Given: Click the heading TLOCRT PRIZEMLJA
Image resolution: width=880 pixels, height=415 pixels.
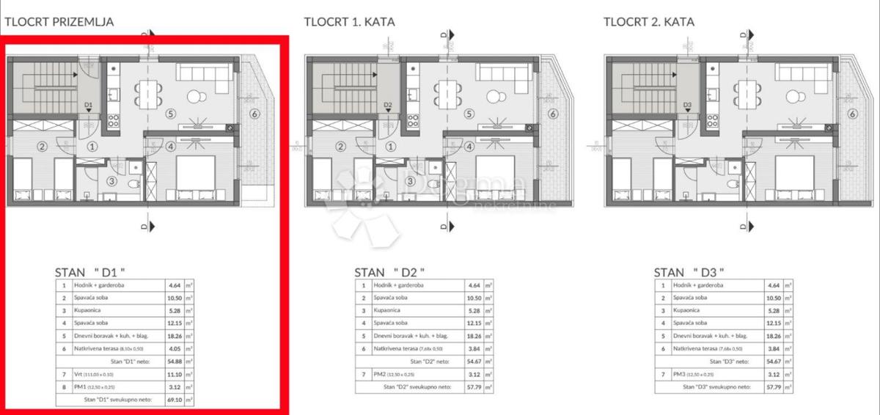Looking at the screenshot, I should pos(59,21).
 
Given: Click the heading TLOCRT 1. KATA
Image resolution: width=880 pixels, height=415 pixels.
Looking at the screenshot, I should pos(348,21).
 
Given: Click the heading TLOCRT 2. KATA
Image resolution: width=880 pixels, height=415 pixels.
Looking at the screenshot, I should pos(648,21).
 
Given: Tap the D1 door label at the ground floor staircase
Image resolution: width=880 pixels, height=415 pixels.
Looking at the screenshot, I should pos(88,106).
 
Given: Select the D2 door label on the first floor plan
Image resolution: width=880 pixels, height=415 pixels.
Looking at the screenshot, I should pos(389,106).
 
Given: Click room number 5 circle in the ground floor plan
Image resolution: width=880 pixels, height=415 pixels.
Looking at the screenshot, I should pos(170,114).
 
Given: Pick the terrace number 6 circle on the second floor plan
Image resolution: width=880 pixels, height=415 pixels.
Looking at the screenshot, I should pos(852,113).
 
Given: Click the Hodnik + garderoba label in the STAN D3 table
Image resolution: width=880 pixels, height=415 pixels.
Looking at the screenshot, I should pos(698,285).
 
